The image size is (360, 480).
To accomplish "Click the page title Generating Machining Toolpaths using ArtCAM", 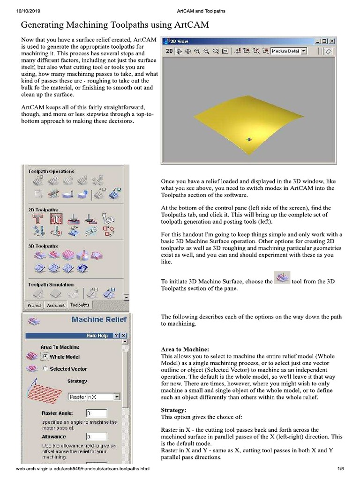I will point(115,24).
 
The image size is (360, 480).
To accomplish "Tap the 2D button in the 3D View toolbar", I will point(169,51).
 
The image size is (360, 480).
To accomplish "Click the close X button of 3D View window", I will point(331,41).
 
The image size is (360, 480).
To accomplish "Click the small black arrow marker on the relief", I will point(249,139).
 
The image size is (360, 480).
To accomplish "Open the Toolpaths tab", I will point(80,305).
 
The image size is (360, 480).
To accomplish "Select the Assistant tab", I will point(56,305).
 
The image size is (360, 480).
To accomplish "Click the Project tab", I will point(34,305).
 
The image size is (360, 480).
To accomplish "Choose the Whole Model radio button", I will point(45,357).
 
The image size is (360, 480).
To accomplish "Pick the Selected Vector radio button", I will point(45,369).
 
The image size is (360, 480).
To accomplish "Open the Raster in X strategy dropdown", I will point(94,397).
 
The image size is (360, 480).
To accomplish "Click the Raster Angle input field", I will point(96,413).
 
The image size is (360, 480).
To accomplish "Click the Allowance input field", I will point(96,436).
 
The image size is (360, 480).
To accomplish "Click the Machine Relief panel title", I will point(92,320).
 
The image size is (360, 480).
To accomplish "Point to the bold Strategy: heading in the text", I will point(173,410).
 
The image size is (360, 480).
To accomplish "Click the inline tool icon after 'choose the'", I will point(282,277).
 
